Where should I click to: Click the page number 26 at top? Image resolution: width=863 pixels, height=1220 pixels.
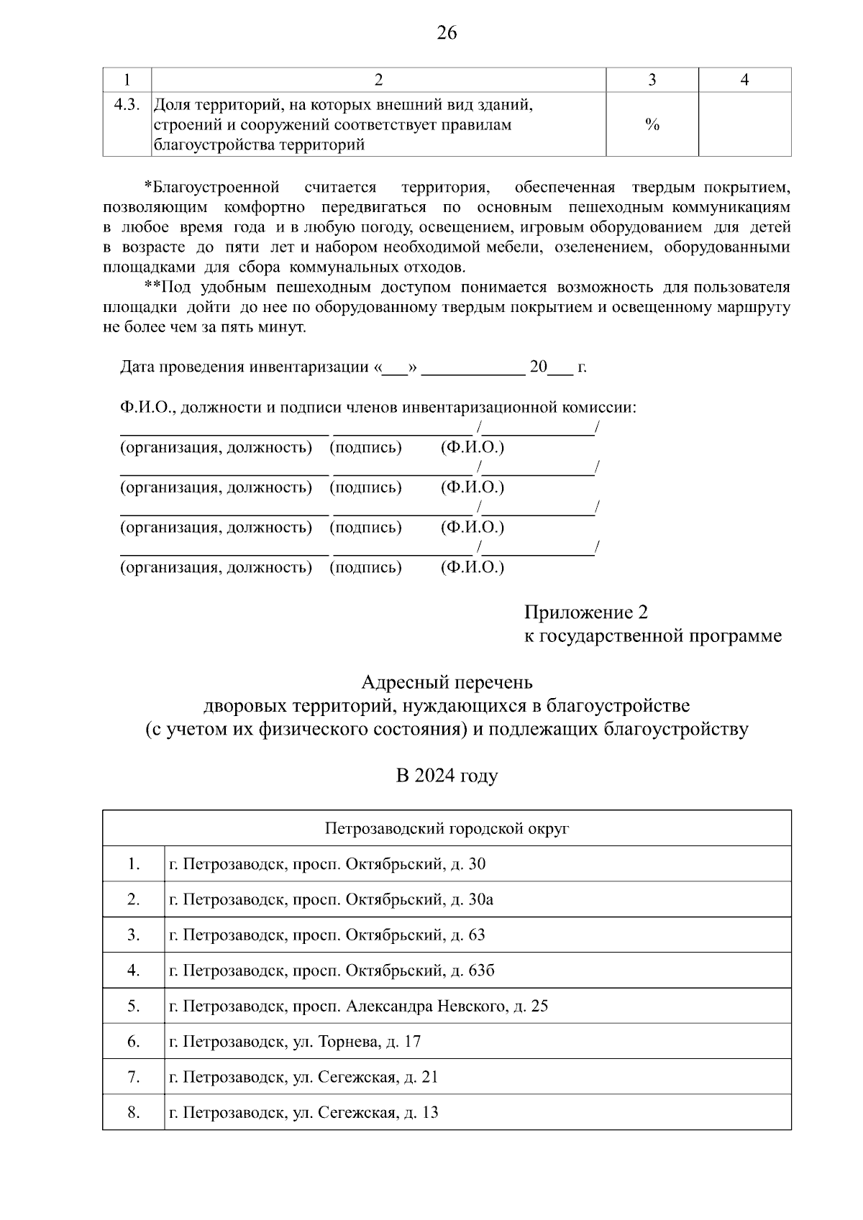click(446, 33)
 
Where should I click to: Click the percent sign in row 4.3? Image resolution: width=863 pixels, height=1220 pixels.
click(652, 125)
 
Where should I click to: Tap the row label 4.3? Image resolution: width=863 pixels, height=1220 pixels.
click(127, 105)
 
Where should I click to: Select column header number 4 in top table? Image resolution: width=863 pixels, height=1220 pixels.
click(744, 80)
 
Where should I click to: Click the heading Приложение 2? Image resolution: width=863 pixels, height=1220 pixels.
click(585, 613)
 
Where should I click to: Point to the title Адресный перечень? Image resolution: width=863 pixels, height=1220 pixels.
click(446, 681)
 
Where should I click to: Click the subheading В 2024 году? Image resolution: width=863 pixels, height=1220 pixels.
click(446, 776)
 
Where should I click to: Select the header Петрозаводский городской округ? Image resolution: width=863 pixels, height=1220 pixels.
click(446, 828)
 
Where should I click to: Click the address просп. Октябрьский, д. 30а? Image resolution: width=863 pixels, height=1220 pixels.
click(331, 899)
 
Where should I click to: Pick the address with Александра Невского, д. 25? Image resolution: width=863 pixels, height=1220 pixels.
click(358, 1006)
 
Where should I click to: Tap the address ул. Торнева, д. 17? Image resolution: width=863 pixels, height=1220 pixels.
click(295, 1041)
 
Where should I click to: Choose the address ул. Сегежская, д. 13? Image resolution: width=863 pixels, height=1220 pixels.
click(303, 1112)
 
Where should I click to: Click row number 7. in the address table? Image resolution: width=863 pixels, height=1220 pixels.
click(134, 1077)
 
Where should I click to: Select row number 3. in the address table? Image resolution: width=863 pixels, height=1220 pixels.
click(134, 935)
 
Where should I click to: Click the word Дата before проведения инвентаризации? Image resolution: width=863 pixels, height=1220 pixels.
click(137, 367)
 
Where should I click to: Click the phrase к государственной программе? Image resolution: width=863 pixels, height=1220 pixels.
click(652, 636)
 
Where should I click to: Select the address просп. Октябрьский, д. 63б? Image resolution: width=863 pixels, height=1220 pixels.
click(332, 971)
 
